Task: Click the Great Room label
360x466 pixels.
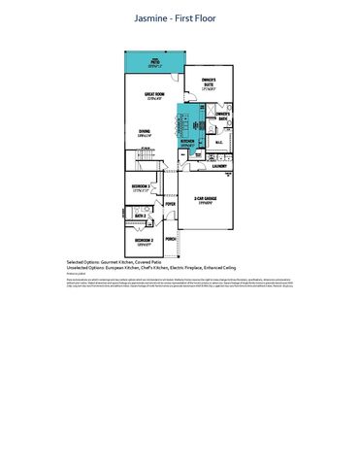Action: [153, 95]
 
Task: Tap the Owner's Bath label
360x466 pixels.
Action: [222, 115]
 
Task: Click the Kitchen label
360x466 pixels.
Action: [188, 142]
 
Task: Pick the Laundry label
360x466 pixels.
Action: [220, 165]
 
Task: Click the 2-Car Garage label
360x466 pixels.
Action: [205, 200]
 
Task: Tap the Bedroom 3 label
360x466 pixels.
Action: [141, 186]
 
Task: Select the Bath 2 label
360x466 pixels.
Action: [140, 216]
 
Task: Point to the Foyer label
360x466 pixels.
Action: [170, 205]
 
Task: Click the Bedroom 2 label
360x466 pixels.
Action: [144, 241]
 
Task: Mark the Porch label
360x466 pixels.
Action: [171, 238]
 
